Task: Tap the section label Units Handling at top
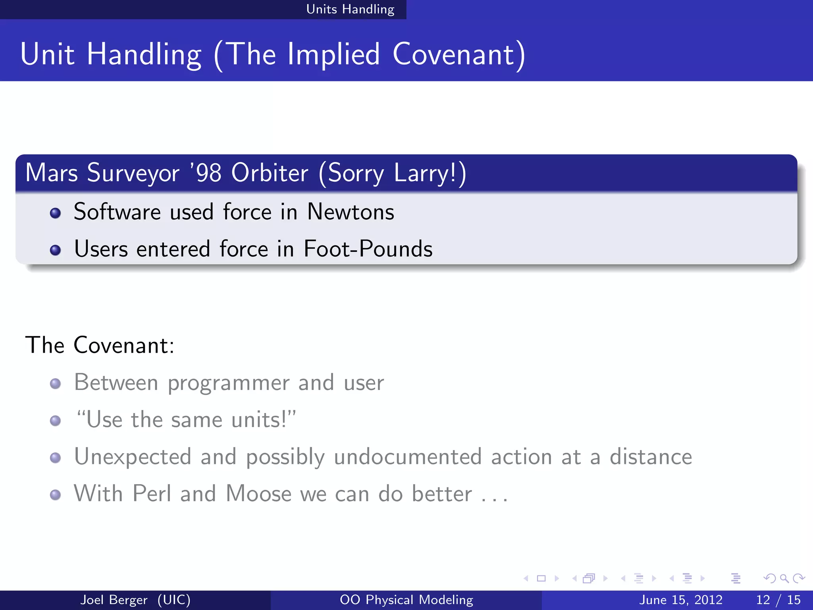(350, 9)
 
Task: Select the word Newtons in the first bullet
(351, 212)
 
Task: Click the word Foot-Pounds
(368, 249)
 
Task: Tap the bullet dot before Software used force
(56, 213)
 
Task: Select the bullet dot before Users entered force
(56, 250)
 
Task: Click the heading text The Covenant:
(100, 345)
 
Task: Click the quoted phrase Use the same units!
(186, 420)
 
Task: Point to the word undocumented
(408, 457)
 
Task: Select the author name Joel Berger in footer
(114, 600)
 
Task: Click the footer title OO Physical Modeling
(406, 600)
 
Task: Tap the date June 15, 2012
(680, 600)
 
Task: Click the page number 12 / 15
(778, 600)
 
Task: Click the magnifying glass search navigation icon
(784, 579)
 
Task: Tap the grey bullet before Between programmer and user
(56, 384)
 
